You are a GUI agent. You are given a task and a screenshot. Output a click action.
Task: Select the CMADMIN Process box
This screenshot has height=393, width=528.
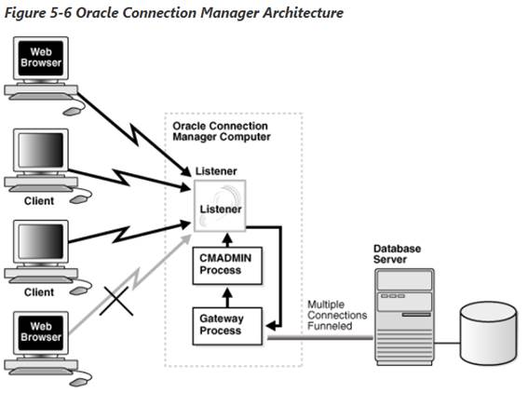coord(220,264)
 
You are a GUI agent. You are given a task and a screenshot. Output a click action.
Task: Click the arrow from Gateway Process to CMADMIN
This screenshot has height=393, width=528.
coord(220,295)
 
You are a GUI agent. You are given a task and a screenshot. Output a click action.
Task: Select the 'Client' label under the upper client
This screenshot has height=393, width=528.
coord(39,200)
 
